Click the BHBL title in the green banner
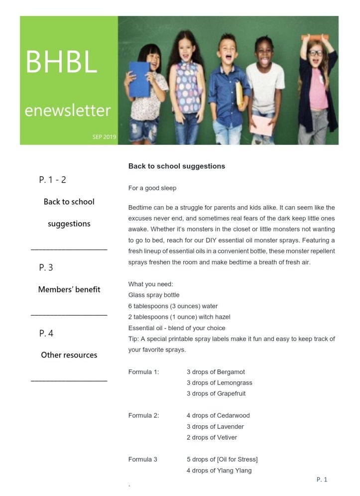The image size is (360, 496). point(61,61)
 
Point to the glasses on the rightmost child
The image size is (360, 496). point(315,53)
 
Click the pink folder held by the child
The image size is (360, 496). point(261,125)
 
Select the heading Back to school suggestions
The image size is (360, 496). point(177,166)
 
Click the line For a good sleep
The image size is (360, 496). point(152,188)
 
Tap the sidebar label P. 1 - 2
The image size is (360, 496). point(52,180)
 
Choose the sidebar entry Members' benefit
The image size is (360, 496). point(69,289)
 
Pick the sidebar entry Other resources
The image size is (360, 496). point(69,355)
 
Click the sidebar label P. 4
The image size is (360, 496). point(46,333)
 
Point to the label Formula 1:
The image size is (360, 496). point(144,372)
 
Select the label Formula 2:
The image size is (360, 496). point(144,416)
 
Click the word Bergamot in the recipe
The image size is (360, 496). point(231,372)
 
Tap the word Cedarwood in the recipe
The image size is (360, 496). point(234,416)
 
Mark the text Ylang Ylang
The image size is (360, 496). point(235,471)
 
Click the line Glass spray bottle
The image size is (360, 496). point(154,295)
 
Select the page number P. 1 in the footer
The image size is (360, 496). point(322,480)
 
